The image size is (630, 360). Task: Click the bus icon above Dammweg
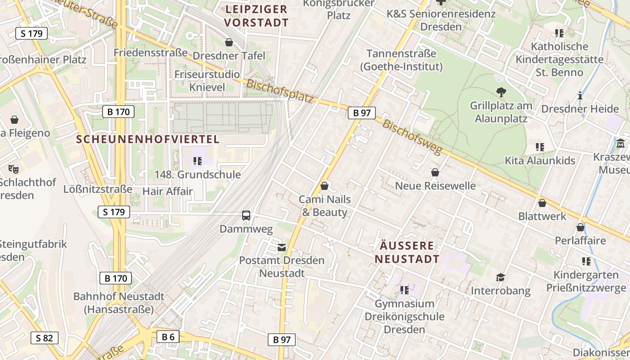pyautogui.click(x=246, y=216)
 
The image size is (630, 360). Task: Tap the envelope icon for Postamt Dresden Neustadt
pyautogui.click(x=282, y=247)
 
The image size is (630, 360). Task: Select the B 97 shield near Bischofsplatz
pyautogui.click(x=361, y=112)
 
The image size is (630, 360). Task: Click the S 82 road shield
pyautogui.click(x=44, y=338)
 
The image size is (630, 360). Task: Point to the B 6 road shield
pyautogui.click(x=168, y=337)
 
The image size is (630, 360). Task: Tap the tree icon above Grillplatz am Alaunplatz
pyautogui.click(x=501, y=93)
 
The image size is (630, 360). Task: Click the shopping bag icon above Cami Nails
pyautogui.click(x=324, y=186)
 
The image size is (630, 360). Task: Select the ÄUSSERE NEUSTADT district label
pyautogui.click(x=407, y=252)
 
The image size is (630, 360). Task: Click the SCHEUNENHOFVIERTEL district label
pyautogui.click(x=148, y=139)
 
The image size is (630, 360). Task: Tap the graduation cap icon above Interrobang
pyautogui.click(x=500, y=277)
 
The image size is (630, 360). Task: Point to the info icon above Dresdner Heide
pyautogui.click(x=580, y=95)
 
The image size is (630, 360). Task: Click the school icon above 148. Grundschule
pyautogui.click(x=197, y=161)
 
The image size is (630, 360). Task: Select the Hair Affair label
pyautogui.click(x=167, y=191)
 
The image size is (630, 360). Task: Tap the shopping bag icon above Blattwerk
pyautogui.click(x=542, y=203)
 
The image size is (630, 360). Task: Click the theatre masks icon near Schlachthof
pyautogui.click(x=13, y=169)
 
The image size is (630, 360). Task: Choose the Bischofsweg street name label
pyautogui.click(x=413, y=137)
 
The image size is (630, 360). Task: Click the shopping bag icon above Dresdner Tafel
pyautogui.click(x=229, y=43)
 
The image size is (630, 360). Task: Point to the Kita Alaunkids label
pyautogui.click(x=540, y=161)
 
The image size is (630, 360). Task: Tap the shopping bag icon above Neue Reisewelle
pyautogui.click(x=435, y=172)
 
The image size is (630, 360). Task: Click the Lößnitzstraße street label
pyautogui.click(x=98, y=189)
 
